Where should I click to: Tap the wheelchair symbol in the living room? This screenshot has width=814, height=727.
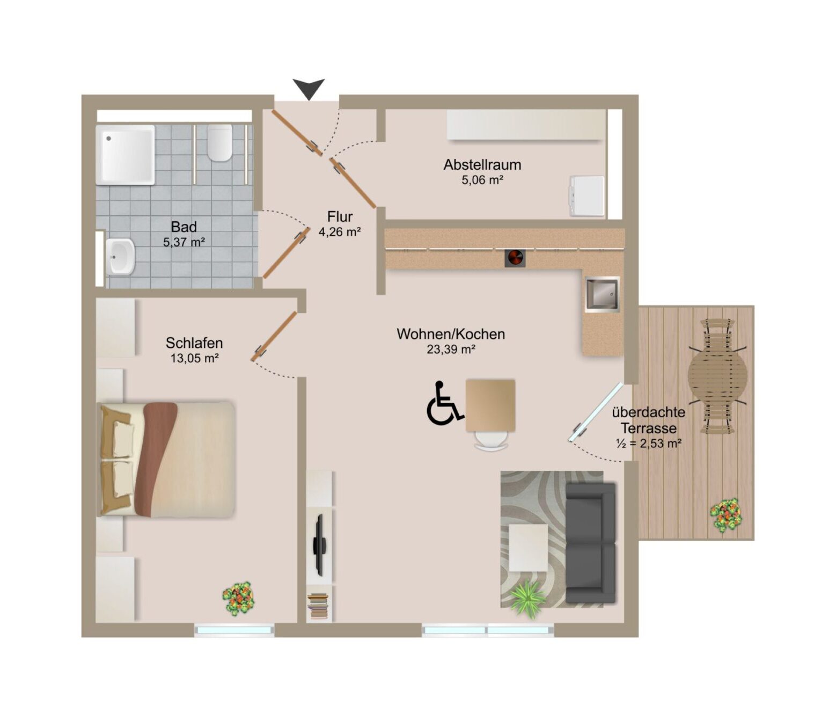[444, 403]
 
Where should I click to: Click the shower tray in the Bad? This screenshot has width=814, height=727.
[126, 155]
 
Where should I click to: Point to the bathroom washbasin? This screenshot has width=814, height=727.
[121, 256]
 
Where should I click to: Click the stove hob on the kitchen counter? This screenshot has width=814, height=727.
[515, 258]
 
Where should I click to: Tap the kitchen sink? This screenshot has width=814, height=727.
[602, 294]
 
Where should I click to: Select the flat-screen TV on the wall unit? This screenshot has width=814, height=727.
[320, 545]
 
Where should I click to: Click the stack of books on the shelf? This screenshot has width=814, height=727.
[319, 606]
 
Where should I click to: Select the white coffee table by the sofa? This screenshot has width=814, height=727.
[529, 547]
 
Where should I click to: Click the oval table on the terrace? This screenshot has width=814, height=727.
[717, 376]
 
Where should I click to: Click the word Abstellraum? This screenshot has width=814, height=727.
[482, 165]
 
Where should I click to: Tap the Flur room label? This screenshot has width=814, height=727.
[340, 217]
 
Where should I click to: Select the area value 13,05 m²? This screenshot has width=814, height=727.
[194, 358]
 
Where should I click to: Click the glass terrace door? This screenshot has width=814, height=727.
[596, 412]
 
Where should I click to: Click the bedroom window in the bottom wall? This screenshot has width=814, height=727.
[234, 630]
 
